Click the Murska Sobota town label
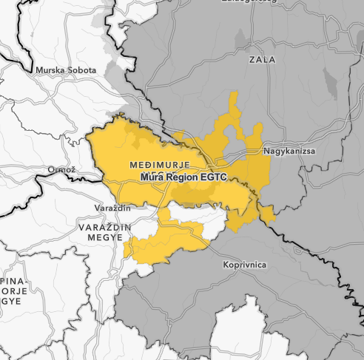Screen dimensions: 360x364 pos(67,70)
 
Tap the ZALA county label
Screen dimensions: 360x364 pos(262,59)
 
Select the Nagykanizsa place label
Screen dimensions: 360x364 pos(290,151)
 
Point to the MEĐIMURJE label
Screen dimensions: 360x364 pos(160,163)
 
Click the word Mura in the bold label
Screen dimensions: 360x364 pos(152,178)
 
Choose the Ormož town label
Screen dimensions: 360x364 pos(62,170)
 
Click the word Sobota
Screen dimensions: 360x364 pos(81,70)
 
